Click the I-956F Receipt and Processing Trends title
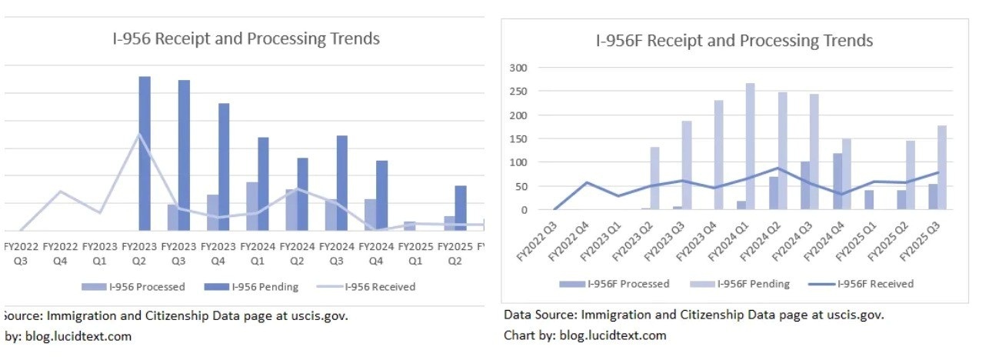click(734, 40)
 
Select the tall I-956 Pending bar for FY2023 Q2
click(145, 153)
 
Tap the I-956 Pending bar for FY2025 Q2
click(461, 208)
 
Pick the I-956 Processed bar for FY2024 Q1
click(252, 206)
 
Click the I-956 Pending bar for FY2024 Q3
click(342, 182)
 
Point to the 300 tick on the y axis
click(521, 68)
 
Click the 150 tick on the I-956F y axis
click(521, 138)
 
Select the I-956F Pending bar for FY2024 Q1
click(750, 146)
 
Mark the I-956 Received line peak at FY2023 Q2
click(138, 135)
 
